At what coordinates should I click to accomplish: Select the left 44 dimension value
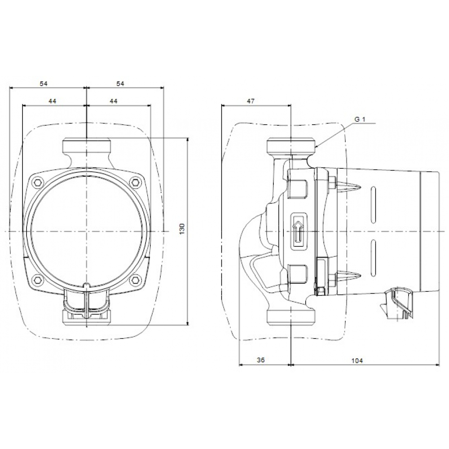53,102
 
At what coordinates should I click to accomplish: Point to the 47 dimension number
251,102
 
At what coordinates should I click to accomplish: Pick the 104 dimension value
357,361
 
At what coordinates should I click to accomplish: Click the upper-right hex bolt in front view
135,182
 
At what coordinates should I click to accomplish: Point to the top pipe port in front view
86,147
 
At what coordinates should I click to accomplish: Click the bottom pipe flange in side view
292,315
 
